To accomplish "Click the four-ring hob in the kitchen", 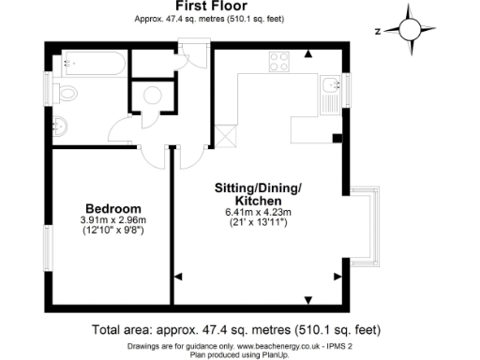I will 278,63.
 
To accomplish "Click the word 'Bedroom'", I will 113,208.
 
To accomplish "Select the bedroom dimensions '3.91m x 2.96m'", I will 113,221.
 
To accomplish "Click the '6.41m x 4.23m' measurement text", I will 256,212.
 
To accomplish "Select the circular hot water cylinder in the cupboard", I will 150,95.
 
